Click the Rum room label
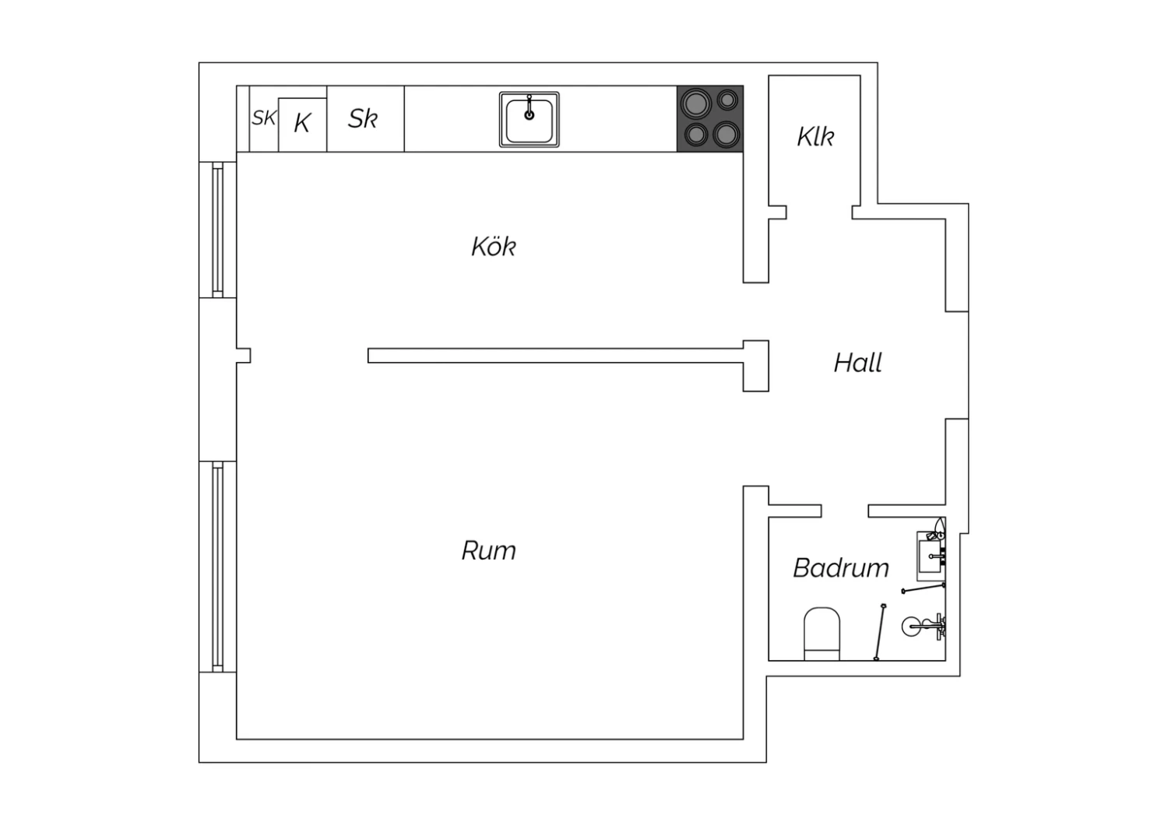(x=488, y=551)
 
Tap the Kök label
(x=493, y=246)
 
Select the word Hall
(x=858, y=363)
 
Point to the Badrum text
(x=840, y=568)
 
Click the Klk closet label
(x=815, y=136)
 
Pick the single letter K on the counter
(x=302, y=124)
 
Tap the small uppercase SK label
(x=264, y=118)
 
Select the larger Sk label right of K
(x=363, y=118)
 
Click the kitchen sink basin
(x=529, y=120)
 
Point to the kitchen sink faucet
(x=529, y=107)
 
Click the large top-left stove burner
(x=696, y=104)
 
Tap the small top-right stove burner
(x=727, y=100)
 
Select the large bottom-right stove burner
(x=726, y=135)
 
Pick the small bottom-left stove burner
(x=695, y=135)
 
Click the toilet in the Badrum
(x=821, y=634)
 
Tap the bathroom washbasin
(x=931, y=556)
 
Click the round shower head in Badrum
(x=911, y=627)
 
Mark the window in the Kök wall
(x=218, y=230)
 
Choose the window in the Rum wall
(x=218, y=567)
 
